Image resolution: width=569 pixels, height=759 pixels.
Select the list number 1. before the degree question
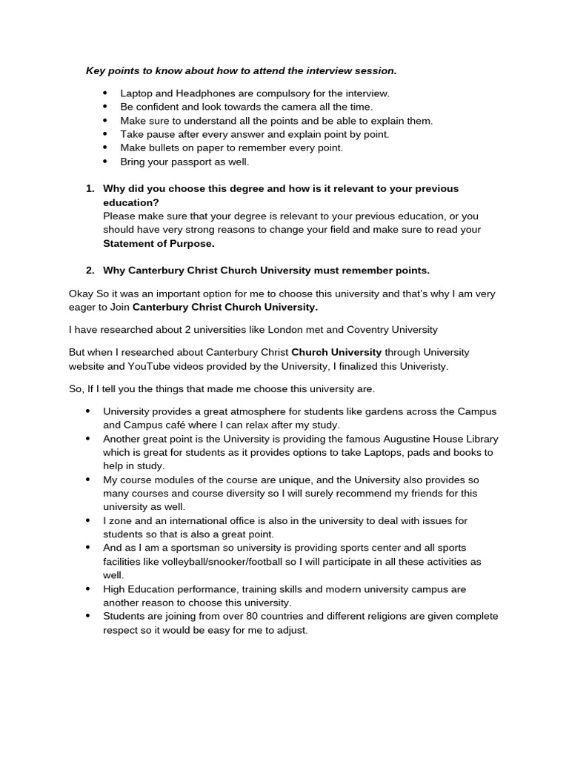[90, 188]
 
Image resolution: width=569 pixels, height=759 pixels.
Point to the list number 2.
[90, 270]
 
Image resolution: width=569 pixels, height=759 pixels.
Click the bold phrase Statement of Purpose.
[159, 243]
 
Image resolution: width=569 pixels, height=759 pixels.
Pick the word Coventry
[350, 329]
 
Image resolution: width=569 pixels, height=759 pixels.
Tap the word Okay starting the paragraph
[81, 294]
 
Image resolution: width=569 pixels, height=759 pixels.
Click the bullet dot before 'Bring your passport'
[105, 161]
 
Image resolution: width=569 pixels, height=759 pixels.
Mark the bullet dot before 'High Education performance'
[89, 589]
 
